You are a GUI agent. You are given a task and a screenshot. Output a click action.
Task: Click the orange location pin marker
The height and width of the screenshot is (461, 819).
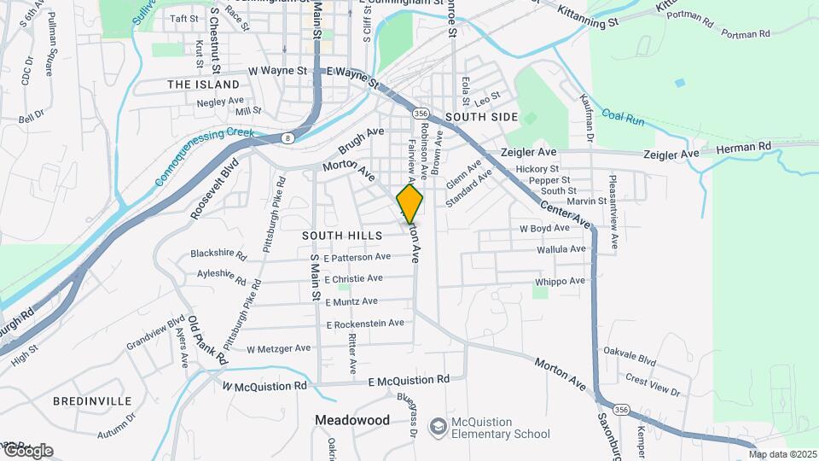point(409,204)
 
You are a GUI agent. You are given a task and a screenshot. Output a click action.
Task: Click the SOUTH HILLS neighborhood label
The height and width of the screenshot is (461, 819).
point(339,234)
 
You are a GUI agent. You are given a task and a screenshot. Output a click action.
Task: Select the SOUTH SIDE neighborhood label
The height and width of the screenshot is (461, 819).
point(481,116)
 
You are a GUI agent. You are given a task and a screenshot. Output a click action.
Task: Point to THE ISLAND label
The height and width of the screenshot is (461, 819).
point(204,85)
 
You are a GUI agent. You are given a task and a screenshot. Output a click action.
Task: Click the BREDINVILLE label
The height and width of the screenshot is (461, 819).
point(92,400)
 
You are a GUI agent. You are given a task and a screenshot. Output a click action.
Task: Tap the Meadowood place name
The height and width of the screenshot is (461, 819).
point(352,420)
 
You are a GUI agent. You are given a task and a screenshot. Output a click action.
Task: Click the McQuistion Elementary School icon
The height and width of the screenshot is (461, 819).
point(438,425)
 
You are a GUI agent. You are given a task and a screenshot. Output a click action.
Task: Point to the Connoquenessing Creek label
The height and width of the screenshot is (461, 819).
point(206,157)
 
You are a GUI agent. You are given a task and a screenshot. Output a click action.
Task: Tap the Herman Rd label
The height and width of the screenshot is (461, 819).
point(742,148)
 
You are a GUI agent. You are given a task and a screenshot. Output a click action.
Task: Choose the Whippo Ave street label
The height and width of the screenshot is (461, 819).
point(561,281)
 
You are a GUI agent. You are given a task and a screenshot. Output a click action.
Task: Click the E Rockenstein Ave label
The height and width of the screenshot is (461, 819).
point(365,324)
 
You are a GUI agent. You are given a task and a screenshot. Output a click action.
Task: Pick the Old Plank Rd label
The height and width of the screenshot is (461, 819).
point(207,340)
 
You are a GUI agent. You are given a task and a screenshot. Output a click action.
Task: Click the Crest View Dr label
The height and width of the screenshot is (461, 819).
point(652,385)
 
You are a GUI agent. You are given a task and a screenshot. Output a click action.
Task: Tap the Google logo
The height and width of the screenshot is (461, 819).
point(27,450)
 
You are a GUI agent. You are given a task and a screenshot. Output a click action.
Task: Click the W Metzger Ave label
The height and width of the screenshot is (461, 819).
point(278,348)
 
